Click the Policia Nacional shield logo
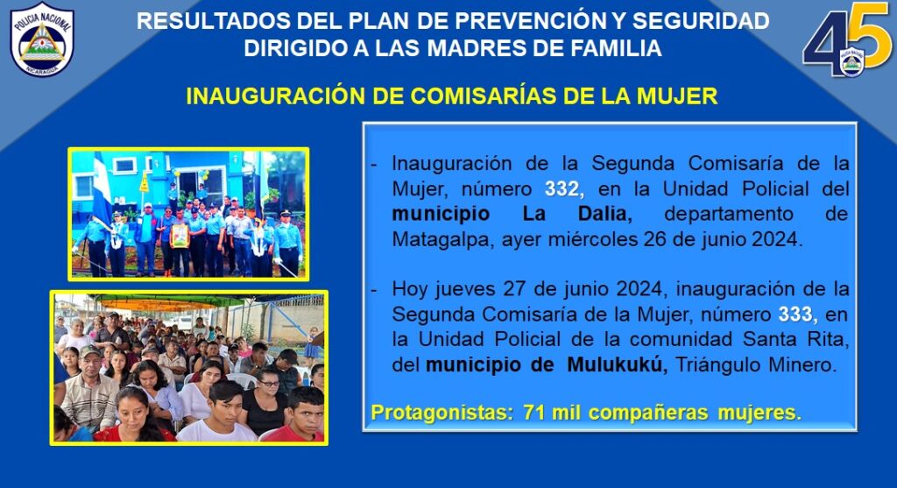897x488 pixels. pyautogui.click(x=42, y=39)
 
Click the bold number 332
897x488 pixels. pyautogui.click(x=562, y=188)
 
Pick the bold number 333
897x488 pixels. pyautogui.click(x=795, y=314)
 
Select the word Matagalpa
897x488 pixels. pyautogui.click(x=441, y=239)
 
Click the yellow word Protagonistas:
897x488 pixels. pyautogui.click(x=442, y=413)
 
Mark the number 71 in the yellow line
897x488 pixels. pyautogui.click(x=533, y=413)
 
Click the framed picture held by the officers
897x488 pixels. pyautogui.click(x=180, y=235)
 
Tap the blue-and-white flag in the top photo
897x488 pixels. pyautogui.click(x=103, y=188)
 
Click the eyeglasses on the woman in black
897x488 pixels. pyautogui.click(x=268, y=383)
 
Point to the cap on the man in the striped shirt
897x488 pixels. pyautogui.click(x=90, y=351)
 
